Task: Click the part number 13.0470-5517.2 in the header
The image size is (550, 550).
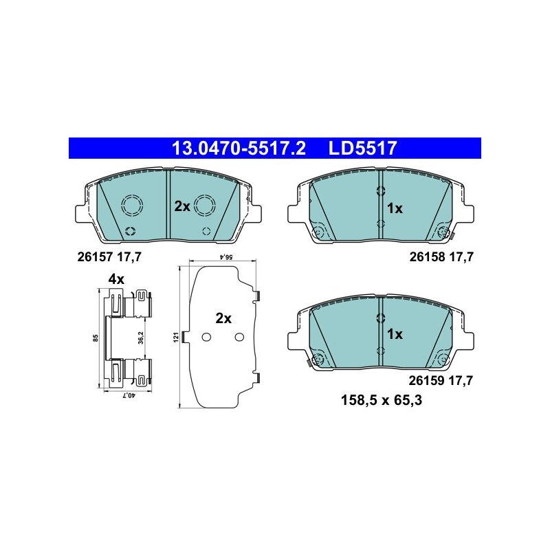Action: [x=239, y=148]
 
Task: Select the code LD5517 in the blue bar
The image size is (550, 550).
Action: [x=363, y=148]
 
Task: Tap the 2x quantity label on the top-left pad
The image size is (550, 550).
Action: [x=182, y=206]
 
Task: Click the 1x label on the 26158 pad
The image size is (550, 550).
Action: [x=395, y=209]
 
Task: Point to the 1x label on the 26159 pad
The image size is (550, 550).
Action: [x=395, y=334]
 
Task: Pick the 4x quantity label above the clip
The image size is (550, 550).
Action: [x=116, y=279]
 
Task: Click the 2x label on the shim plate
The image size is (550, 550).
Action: [x=223, y=318]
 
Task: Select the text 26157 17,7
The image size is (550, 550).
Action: [x=109, y=257]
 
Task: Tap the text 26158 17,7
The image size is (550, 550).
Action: [x=441, y=257]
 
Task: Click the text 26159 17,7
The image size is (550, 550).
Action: [x=441, y=381]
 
